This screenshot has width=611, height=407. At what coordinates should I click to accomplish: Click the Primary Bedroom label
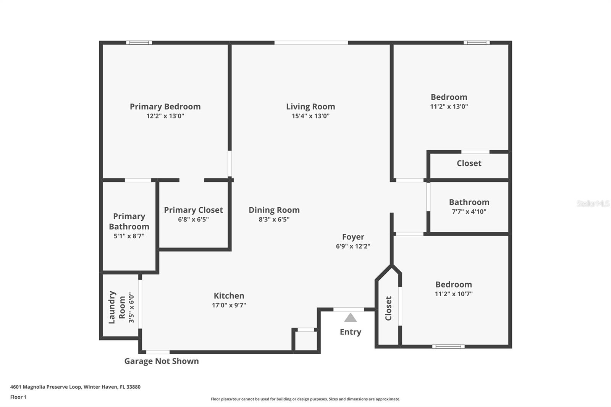tap(165, 107)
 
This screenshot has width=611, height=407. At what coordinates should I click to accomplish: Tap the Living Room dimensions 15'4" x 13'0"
tap(310, 116)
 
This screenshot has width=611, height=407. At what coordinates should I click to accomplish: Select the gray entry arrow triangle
tap(350, 318)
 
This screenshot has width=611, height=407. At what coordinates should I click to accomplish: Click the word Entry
tap(350, 332)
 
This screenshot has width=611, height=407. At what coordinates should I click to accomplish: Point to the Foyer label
tap(353, 237)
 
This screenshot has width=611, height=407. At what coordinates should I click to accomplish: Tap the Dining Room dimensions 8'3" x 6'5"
tap(274, 220)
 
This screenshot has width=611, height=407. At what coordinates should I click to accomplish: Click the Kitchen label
tap(229, 296)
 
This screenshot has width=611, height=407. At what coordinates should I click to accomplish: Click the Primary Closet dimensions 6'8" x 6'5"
tap(193, 220)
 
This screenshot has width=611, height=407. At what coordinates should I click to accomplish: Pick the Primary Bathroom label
tap(129, 221)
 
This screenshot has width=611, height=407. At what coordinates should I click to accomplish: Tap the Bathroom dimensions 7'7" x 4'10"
tap(469, 212)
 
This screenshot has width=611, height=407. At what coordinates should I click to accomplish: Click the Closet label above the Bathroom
tap(469, 163)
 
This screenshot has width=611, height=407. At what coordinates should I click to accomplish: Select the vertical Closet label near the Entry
tap(388, 308)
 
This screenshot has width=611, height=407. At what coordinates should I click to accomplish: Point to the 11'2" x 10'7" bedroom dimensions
tap(454, 294)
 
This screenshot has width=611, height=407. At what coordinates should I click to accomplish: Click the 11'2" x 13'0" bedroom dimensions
tap(449, 107)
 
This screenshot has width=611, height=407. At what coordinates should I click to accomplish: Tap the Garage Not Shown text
tap(162, 361)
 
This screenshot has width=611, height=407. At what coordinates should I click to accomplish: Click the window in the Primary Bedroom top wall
tap(139, 43)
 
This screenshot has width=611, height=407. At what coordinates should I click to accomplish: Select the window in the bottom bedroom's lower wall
tap(448, 347)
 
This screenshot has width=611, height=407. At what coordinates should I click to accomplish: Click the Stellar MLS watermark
tap(593, 203)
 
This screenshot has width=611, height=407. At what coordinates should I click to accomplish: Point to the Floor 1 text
tap(18, 397)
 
